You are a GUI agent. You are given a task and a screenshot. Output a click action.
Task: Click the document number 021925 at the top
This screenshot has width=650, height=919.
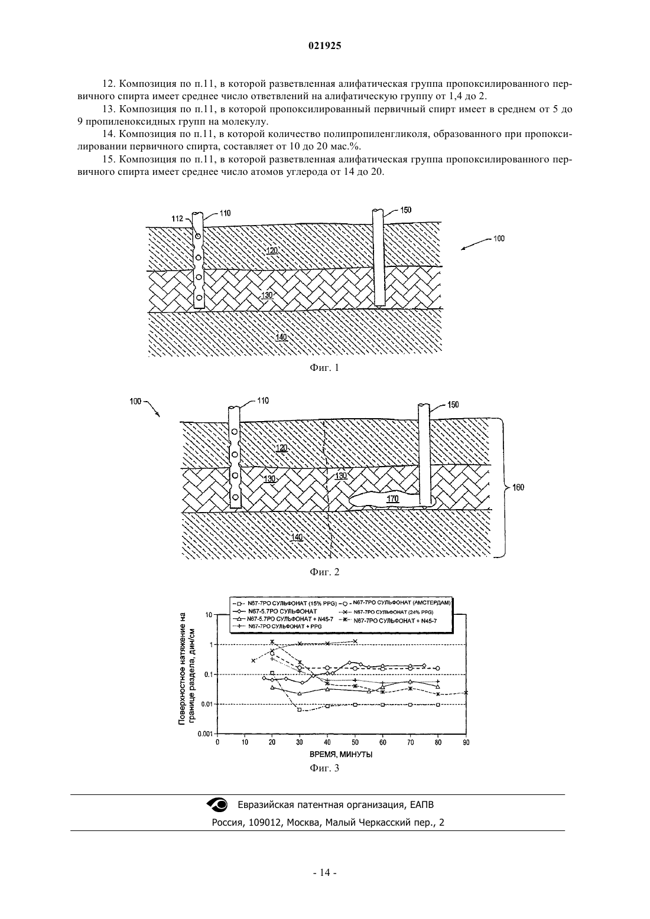(324, 46)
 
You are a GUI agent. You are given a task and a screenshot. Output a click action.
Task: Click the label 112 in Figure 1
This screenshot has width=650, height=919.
(177, 219)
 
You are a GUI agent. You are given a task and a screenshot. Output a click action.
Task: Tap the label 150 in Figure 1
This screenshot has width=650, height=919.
(405, 210)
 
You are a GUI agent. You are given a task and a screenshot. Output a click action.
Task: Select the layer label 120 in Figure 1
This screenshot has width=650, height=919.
(272, 250)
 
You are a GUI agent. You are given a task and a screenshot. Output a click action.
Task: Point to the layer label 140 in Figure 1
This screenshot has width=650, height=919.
(281, 337)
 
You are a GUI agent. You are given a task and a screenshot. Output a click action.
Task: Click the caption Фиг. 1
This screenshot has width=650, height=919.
(324, 367)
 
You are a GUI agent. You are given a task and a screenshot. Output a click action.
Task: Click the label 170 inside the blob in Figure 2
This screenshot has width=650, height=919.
(393, 499)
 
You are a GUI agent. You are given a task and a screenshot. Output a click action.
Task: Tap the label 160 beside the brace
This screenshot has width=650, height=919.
(518, 488)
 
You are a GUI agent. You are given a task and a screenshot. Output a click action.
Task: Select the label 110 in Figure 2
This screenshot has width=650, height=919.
(262, 400)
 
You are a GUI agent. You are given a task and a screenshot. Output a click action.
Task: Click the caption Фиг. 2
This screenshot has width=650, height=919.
(324, 572)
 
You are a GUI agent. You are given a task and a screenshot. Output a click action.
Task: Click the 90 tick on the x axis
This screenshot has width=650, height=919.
(466, 742)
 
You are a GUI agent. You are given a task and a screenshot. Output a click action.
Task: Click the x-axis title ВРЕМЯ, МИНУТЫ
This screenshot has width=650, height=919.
(340, 754)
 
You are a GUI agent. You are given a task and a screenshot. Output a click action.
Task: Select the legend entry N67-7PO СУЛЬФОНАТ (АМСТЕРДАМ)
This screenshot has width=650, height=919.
(402, 602)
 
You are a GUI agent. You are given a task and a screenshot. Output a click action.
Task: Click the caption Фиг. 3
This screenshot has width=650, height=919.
(324, 768)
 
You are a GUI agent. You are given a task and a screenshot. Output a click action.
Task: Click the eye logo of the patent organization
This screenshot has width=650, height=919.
(217, 804)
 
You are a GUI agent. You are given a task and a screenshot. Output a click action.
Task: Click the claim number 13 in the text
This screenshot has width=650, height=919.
(108, 109)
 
